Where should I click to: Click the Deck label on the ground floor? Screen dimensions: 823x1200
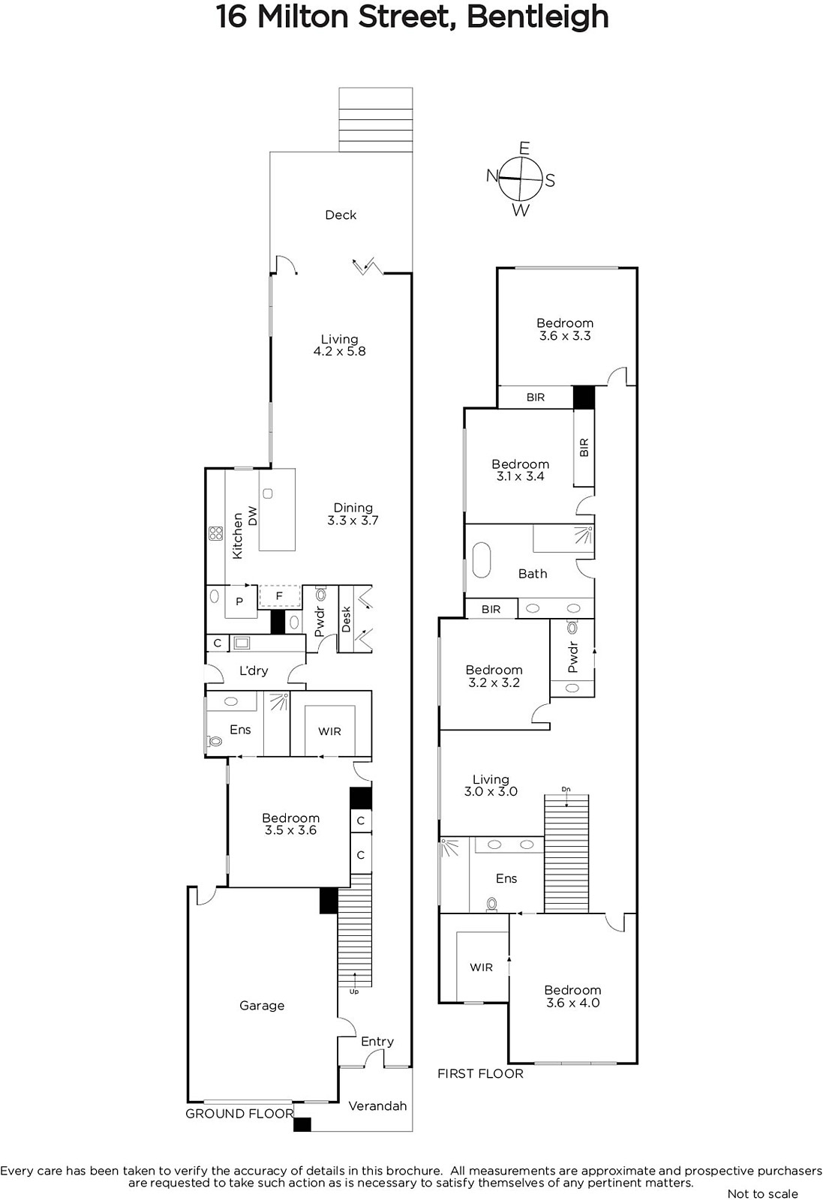(341, 214)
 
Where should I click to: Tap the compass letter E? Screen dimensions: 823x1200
(524, 148)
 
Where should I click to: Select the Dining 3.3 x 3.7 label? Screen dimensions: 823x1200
(353, 514)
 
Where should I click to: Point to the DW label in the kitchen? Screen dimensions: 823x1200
(253, 516)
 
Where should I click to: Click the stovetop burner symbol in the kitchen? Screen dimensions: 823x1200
(216, 533)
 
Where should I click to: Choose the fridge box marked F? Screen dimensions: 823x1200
(279, 596)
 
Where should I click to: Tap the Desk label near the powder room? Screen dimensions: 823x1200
(346, 619)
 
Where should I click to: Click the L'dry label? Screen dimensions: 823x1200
(254, 670)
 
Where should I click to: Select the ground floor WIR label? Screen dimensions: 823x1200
(329, 731)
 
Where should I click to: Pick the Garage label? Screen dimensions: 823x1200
(262, 1006)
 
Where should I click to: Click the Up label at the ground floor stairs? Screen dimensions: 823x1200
(353, 991)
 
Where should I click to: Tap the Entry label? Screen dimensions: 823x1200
(377, 1042)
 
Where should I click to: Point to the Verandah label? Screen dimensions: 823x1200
(378, 1105)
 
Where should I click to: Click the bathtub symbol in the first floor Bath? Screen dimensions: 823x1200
(481, 561)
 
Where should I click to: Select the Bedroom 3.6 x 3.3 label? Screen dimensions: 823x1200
(565, 329)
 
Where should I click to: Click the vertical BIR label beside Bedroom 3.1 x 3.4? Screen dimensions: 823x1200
(584, 447)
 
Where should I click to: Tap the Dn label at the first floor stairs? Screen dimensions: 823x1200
(566, 789)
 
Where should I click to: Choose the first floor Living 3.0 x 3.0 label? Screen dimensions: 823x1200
(491, 785)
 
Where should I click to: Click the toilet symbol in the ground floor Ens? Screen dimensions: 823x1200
(215, 742)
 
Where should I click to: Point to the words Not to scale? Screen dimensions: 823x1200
(763, 1193)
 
